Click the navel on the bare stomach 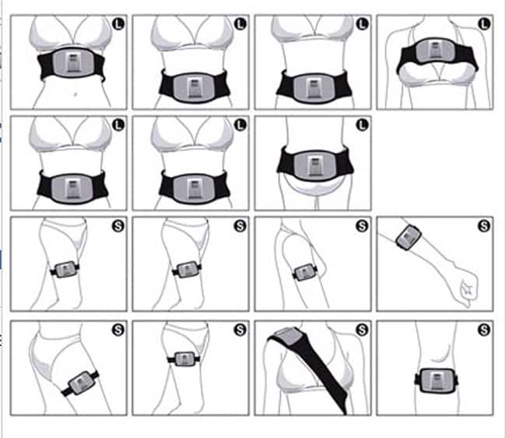(x=76, y=94)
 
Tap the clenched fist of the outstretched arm (x=468, y=290)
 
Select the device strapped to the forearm (x=408, y=237)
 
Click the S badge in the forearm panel (x=483, y=226)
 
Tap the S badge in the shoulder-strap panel (x=362, y=330)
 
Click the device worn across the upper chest (x=437, y=55)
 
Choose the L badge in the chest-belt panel (x=483, y=24)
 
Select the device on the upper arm (x=304, y=272)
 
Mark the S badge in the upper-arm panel (x=362, y=226)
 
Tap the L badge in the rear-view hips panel (x=362, y=125)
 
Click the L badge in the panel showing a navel (x=118, y=24)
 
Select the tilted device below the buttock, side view (x=81, y=383)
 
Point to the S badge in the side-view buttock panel (x=118, y=330)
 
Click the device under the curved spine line (x=436, y=380)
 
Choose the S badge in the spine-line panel (x=483, y=330)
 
